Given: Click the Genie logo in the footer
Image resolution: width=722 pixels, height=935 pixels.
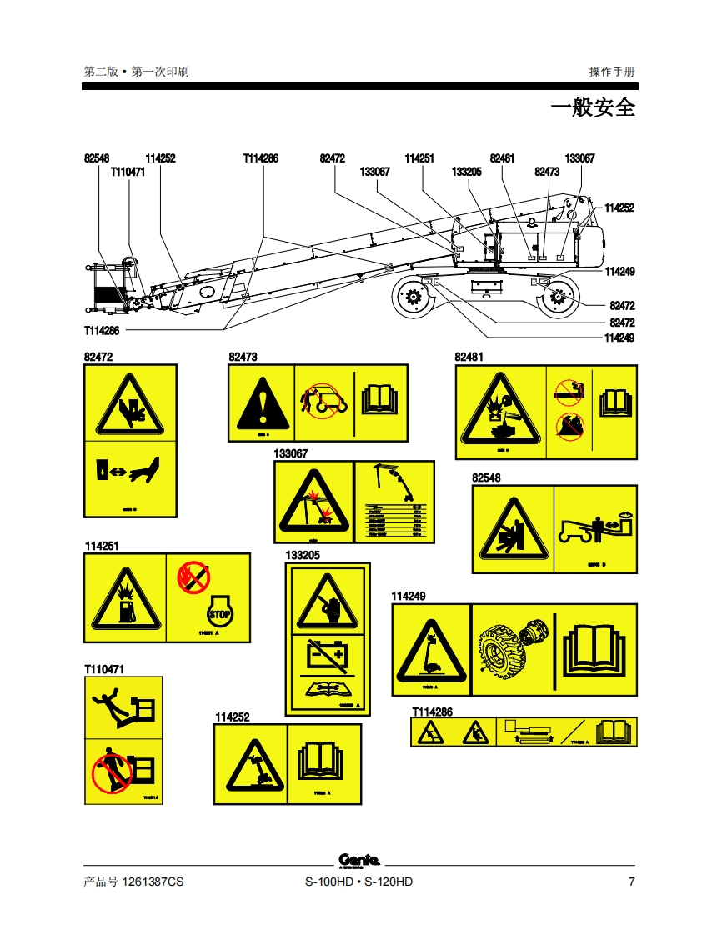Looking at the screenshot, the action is tap(359, 861).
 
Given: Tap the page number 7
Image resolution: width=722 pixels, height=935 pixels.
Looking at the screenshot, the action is tap(631, 882).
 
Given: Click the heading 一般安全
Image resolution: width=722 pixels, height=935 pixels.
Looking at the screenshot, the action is tap(593, 107).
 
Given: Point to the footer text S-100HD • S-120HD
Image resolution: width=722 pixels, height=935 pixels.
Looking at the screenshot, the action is tap(358, 882).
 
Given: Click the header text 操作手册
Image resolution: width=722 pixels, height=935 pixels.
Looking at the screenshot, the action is tap(612, 72).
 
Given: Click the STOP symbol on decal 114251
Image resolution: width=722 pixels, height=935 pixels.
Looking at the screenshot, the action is tap(219, 614).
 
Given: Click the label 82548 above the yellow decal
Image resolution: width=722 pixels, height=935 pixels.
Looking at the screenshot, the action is tap(486, 478).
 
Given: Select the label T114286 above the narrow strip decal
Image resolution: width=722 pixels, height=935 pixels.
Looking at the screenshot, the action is tap(432, 712).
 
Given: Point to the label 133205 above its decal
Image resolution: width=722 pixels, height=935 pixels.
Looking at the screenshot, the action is tap(303, 555).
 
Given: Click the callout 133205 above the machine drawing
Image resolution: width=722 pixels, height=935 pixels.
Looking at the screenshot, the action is tap(466, 172).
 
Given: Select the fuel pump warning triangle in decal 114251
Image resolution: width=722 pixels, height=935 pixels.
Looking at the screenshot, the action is tap(125, 601).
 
